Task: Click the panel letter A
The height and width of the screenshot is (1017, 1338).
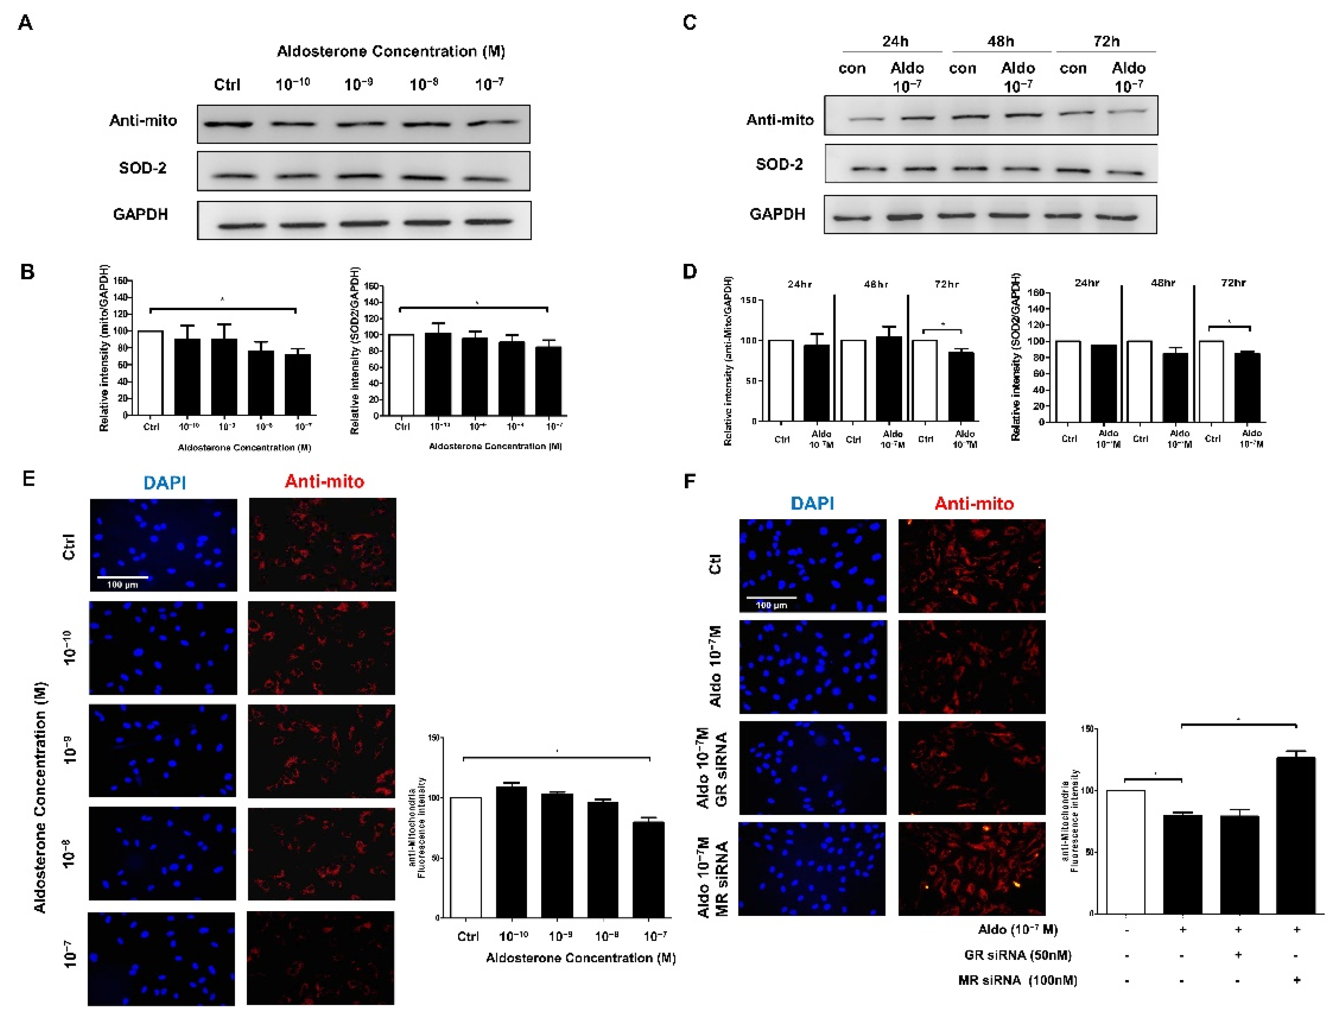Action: [25, 23]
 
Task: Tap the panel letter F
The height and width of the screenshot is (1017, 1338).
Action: [689, 482]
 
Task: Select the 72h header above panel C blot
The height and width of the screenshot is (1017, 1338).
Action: [1106, 41]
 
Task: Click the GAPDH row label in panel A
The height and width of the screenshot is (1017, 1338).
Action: [140, 214]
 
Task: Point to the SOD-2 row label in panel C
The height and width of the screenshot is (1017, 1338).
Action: [779, 164]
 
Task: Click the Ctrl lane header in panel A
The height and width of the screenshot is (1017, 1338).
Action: [227, 85]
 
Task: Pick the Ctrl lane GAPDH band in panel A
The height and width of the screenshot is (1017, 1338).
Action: [242, 226]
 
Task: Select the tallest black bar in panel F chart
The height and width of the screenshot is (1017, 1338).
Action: [1296, 835]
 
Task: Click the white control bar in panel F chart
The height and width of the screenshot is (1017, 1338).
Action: [1126, 852]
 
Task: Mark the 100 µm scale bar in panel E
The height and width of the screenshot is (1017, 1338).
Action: [123, 578]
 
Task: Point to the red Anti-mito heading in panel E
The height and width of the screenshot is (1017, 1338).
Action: [324, 482]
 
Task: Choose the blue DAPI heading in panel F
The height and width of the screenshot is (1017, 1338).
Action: [812, 503]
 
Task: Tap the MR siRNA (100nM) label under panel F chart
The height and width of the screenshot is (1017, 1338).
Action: [1018, 980]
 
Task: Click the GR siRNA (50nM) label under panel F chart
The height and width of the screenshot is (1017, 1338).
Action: [1018, 955]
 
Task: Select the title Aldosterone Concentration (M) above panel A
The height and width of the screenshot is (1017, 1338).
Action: [391, 51]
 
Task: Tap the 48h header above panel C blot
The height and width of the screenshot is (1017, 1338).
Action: [1000, 41]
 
